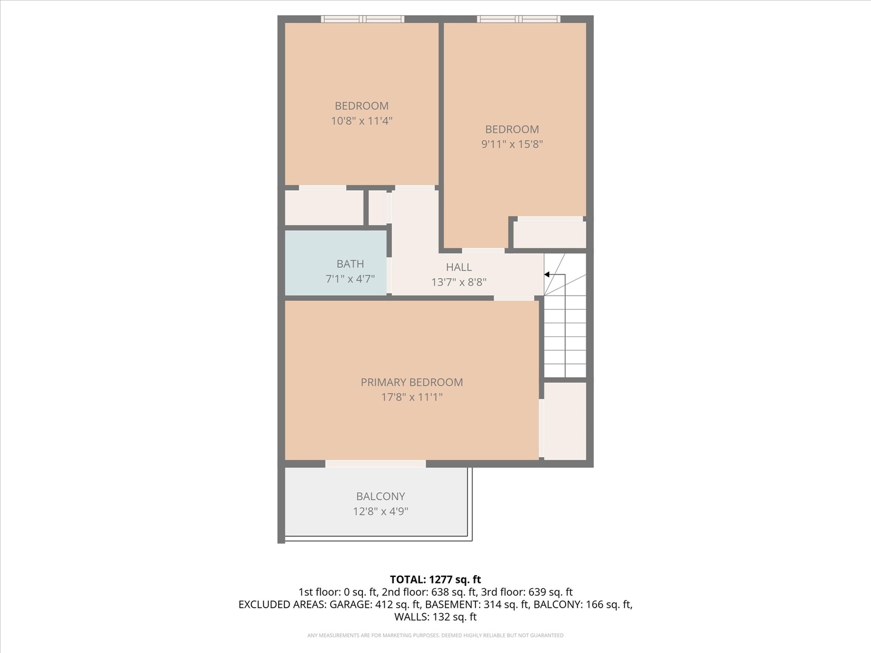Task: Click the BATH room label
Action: (350, 264)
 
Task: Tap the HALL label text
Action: (458, 267)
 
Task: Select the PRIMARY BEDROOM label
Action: (411, 382)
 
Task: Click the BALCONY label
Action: (380, 496)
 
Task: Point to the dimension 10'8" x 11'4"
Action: (362, 121)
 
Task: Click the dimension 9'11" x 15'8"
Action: (512, 145)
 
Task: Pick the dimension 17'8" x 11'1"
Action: (411, 397)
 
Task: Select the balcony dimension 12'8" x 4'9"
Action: (380, 512)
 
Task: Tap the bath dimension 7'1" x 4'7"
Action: (350, 279)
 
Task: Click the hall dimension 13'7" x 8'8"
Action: (458, 282)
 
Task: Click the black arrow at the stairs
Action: (547, 275)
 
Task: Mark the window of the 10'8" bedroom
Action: (362, 19)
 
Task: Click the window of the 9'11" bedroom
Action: (518, 19)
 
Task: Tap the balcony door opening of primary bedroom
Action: (376, 464)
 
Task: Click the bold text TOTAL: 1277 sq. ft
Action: (435, 579)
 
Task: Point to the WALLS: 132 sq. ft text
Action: (435, 617)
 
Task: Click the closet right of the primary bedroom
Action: (565, 420)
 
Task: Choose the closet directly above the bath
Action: (324, 207)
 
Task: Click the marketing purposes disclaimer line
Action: (435, 635)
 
